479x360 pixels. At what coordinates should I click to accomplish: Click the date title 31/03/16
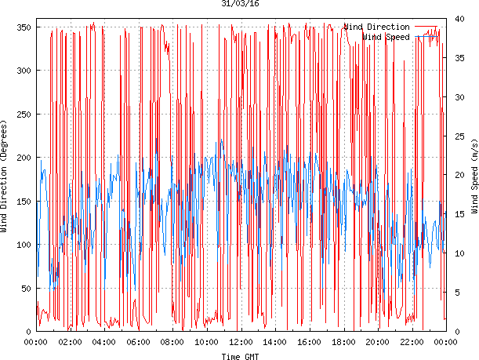pos(241,4)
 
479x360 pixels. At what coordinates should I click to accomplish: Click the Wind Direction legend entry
pos(376,27)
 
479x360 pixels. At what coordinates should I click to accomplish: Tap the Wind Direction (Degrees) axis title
pos(5,178)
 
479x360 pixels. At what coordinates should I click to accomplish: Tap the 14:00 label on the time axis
pos(275,342)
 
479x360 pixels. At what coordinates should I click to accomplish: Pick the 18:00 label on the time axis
pos(343,342)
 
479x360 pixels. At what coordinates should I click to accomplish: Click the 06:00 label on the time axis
pos(139,342)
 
